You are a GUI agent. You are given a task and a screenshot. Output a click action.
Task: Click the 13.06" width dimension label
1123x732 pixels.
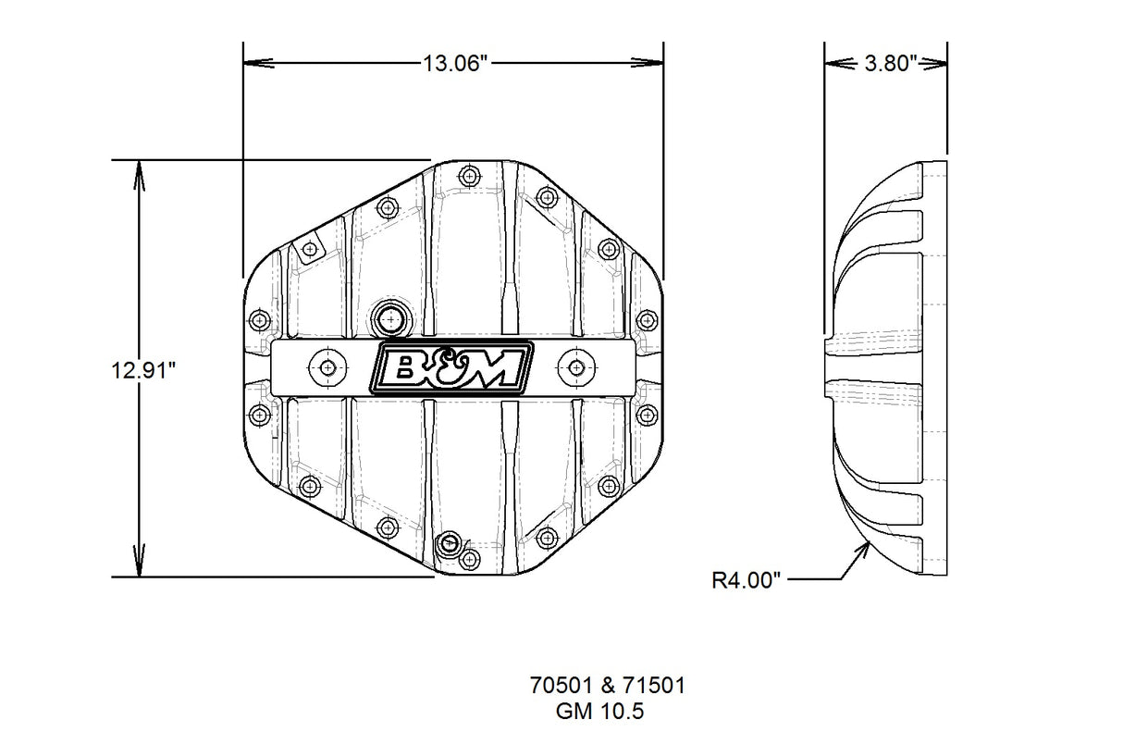tap(454, 64)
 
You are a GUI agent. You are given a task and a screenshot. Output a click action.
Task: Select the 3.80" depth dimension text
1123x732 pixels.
tap(889, 64)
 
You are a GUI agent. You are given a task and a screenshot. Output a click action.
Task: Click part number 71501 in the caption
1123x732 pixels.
tap(653, 686)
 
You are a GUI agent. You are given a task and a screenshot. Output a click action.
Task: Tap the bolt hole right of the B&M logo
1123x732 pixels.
tap(576, 368)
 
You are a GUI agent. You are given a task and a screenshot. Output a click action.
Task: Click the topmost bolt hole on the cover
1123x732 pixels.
tap(470, 176)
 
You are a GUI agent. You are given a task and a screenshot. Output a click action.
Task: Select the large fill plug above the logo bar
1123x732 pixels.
tap(392, 318)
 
